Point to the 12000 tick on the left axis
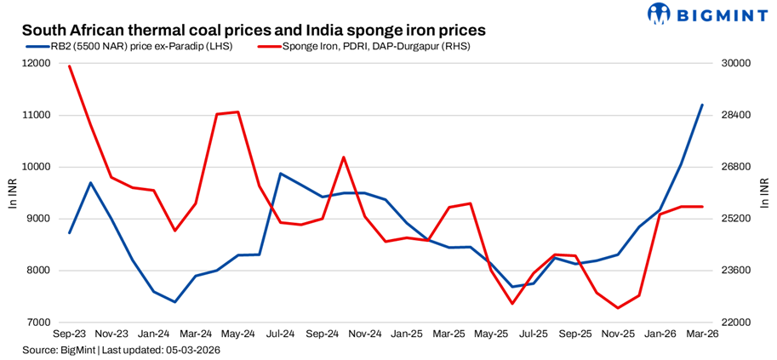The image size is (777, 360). [35, 64]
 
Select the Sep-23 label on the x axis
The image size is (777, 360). [69, 334]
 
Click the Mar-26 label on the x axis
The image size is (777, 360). [702, 334]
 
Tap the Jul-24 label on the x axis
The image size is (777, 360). [280, 334]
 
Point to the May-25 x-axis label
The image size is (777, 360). [491, 334]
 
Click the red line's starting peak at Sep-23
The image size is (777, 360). [69, 66]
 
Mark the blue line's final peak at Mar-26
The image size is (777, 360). [702, 105]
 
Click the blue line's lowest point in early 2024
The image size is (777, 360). [174, 301]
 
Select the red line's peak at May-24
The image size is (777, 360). [238, 111]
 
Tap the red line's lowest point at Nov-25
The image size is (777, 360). [618, 308]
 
